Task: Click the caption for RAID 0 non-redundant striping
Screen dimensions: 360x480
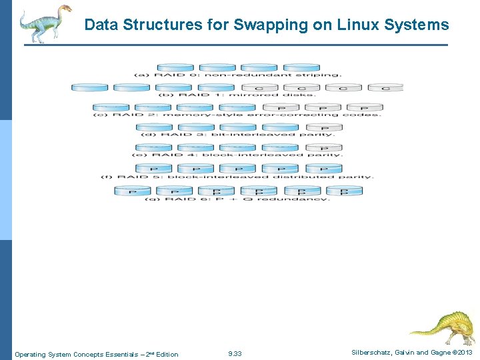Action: (x=238, y=75)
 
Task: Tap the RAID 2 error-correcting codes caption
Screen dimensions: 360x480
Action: (x=237, y=115)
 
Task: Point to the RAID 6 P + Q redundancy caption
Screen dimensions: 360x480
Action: (x=237, y=199)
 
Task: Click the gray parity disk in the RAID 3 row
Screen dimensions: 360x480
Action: (x=323, y=127)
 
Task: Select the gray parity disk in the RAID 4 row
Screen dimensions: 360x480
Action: (x=323, y=148)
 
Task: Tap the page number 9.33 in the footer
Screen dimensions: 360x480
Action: (x=235, y=354)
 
